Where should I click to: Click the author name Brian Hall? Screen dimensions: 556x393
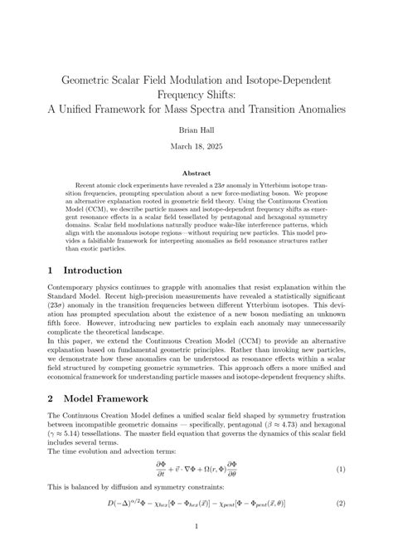pos(196,130)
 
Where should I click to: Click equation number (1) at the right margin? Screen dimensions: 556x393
pos(340,469)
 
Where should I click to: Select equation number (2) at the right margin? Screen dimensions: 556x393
pos(340,504)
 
